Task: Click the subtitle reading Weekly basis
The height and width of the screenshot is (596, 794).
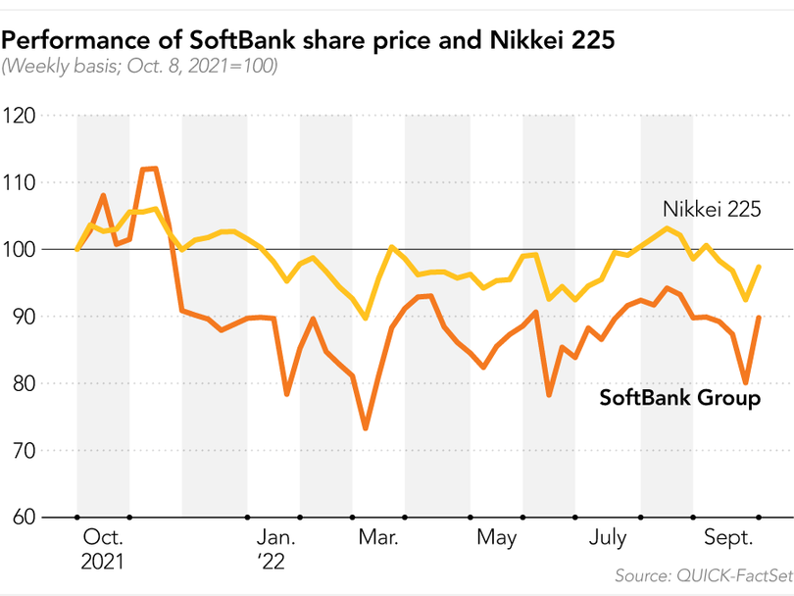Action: [x=140, y=67]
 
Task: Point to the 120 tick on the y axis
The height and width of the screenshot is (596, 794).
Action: [x=19, y=116]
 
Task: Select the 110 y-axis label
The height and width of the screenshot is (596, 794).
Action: [x=19, y=182]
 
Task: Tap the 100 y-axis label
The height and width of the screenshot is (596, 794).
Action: [x=19, y=249]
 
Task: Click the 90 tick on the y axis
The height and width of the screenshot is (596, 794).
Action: [x=21, y=317]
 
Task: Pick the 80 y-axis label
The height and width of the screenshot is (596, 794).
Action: [x=21, y=383]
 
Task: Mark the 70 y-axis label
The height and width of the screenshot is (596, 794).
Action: [x=21, y=450]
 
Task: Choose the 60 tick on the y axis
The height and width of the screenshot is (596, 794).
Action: [x=21, y=517]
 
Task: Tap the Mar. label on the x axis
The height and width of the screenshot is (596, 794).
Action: [x=378, y=538]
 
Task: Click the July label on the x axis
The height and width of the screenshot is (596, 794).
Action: [x=608, y=538]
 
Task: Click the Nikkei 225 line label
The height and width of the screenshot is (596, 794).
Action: [x=712, y=210]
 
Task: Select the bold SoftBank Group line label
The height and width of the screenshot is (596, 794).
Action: [x=679, y=398]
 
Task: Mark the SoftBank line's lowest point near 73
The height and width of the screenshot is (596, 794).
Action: [x=366, y=428]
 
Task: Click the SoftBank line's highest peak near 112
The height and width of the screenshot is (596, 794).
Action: [x=150, y=169]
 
